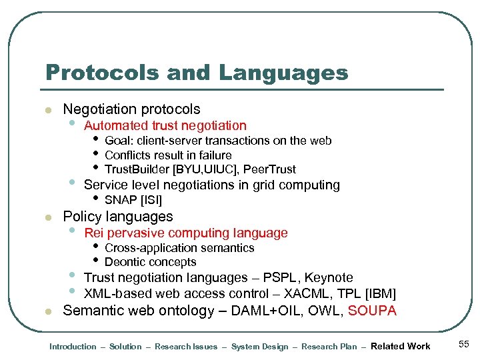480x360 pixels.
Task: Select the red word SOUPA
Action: pyautogui.click(x=372, y=311)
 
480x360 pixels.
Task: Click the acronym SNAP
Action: pyautogui.click(x=121, y=200)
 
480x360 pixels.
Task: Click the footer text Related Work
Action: pyautogui.click(x=400, y=346)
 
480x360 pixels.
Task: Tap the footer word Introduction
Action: pyautogui.click(x=73, y=347)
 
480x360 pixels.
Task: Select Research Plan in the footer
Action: pyautogui.click(x=329, y=347)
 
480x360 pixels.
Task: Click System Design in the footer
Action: pyautogui.click(x=259, y=347)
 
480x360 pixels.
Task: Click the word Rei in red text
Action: pyautogui.click(x=93, y=233)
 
